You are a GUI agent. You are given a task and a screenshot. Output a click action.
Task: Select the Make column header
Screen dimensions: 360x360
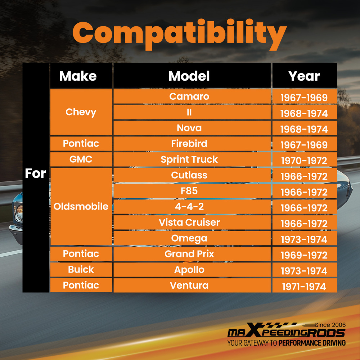[78, 76]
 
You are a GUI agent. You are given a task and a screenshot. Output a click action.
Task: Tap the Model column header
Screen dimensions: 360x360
[189, 76]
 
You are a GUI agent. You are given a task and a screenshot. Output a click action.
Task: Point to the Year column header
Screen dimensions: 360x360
[304, 76]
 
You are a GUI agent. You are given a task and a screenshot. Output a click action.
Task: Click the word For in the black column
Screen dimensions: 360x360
[35, 174]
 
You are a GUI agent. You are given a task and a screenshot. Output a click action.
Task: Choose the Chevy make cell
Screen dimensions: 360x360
[81, 112]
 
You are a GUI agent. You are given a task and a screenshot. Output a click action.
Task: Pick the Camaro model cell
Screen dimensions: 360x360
[189, 96]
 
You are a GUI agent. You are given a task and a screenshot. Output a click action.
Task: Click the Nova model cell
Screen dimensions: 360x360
[189, 128]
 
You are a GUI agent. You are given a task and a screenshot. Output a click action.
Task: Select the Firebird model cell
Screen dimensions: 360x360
[189, 144]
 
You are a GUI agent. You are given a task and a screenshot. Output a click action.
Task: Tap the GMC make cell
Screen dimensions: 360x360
[81, 159]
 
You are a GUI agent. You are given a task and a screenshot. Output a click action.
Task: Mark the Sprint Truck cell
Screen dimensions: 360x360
[189, 159]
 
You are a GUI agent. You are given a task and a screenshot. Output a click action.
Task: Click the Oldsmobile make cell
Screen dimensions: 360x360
[81, 207]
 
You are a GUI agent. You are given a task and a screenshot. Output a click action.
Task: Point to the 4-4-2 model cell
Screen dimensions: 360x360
[189, 207]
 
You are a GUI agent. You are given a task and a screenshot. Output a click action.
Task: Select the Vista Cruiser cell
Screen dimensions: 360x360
[189, 222]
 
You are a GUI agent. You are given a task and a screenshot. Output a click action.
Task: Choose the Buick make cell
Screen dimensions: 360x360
[81, 270]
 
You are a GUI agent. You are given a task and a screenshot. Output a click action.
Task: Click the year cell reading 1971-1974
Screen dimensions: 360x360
[304, 287]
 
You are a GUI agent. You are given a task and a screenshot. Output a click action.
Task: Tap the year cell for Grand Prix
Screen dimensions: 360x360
[304, 255]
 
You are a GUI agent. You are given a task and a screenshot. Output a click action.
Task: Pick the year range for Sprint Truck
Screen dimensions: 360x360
[304, 161]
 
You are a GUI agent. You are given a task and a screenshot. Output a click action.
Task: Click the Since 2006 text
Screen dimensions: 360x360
[330, 324]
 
